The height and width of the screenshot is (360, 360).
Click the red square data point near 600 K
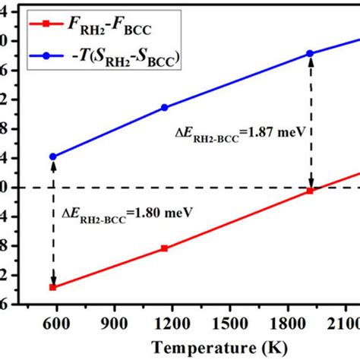(x=53, y=287)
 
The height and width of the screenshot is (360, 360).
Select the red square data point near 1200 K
(x=164, y=248)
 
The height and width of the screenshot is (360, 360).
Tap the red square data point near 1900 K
(x=310, y=191)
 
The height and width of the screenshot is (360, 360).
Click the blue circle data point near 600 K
(x=53, y=156)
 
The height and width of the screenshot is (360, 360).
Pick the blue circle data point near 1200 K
(x=164, y=108)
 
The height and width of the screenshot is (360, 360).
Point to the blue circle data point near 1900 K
(x=310, y=53)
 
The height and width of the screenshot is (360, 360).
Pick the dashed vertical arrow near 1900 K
(x=310, y=122)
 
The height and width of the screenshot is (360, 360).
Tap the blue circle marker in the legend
(x=47, y=55)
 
